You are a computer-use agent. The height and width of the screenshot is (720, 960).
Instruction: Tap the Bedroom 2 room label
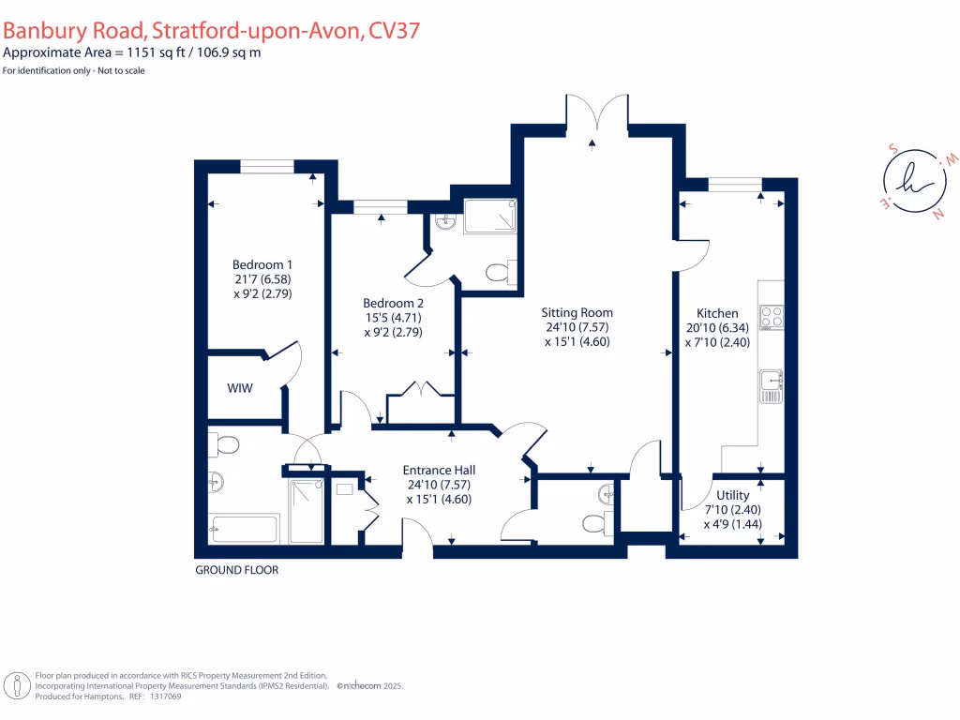pos(394,303)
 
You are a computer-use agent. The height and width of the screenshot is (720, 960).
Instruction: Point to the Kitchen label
pos(717,313)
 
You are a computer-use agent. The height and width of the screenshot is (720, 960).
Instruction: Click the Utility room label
pos(732,495)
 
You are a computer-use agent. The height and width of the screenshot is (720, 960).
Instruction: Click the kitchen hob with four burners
pos(771,318)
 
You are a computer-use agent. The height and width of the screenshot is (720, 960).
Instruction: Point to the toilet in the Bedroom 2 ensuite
pos(499,273)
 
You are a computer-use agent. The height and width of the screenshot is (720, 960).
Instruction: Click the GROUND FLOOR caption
pos(236,570)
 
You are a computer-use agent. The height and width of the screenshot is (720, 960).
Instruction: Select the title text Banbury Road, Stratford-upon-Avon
pos(211,31)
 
